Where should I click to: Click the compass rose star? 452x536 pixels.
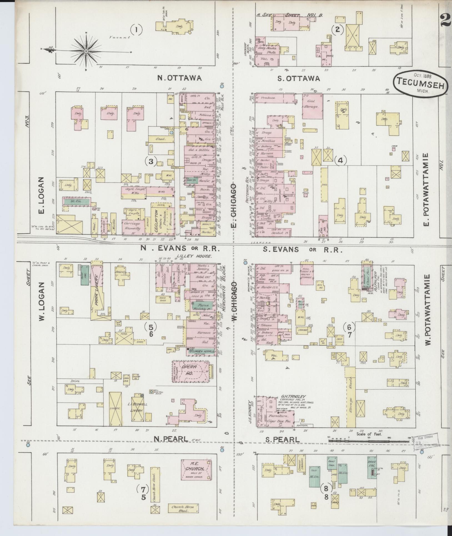pyautogui.click(x=86, y=51)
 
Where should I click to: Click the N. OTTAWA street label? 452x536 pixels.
pyautogui.click(x=180, y=78)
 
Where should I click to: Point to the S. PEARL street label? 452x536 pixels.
pyautogui.click(x=282, y=440)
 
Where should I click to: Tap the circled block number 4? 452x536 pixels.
pyautogui.click(x=341, y=160)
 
